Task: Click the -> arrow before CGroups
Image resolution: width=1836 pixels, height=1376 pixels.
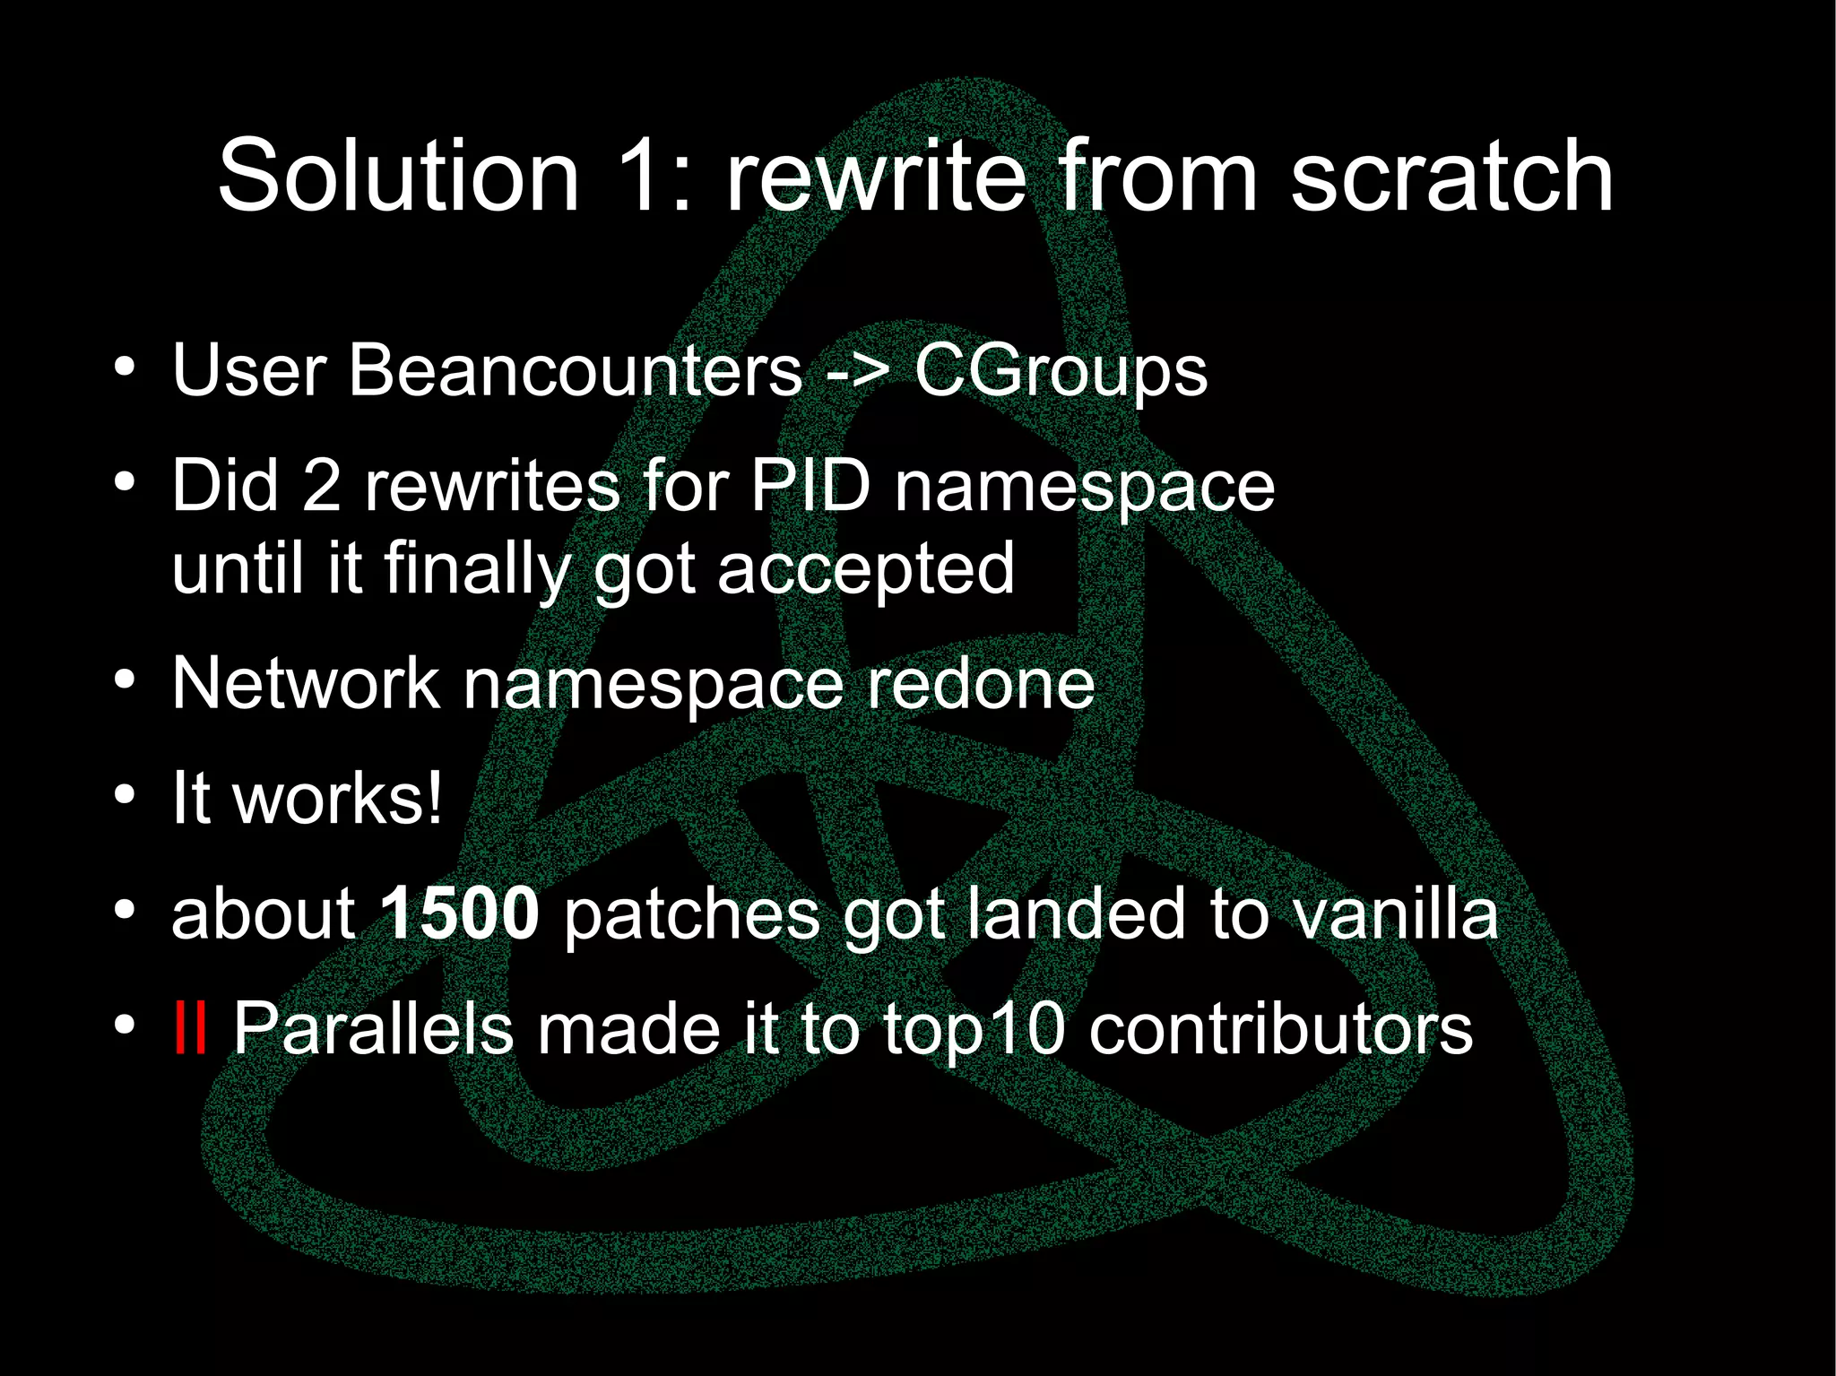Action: coord(857,372)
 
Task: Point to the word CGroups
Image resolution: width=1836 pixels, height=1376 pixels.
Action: coord(1061,372)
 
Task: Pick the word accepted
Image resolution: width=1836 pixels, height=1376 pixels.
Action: coord(865,569)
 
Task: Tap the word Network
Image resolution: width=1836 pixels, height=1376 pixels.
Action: coord(305,683)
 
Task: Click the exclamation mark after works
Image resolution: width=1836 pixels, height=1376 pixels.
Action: coord(434,798)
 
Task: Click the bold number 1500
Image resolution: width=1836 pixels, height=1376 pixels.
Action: coord(459,913)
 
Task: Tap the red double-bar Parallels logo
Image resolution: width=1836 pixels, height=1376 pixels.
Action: coord(190,1028)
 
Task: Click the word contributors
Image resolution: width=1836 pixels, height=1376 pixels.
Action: coord(1280,1028)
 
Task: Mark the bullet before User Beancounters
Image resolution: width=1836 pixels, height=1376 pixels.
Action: coord(125,368)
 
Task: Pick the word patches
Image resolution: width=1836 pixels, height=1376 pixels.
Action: coord(691,913)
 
